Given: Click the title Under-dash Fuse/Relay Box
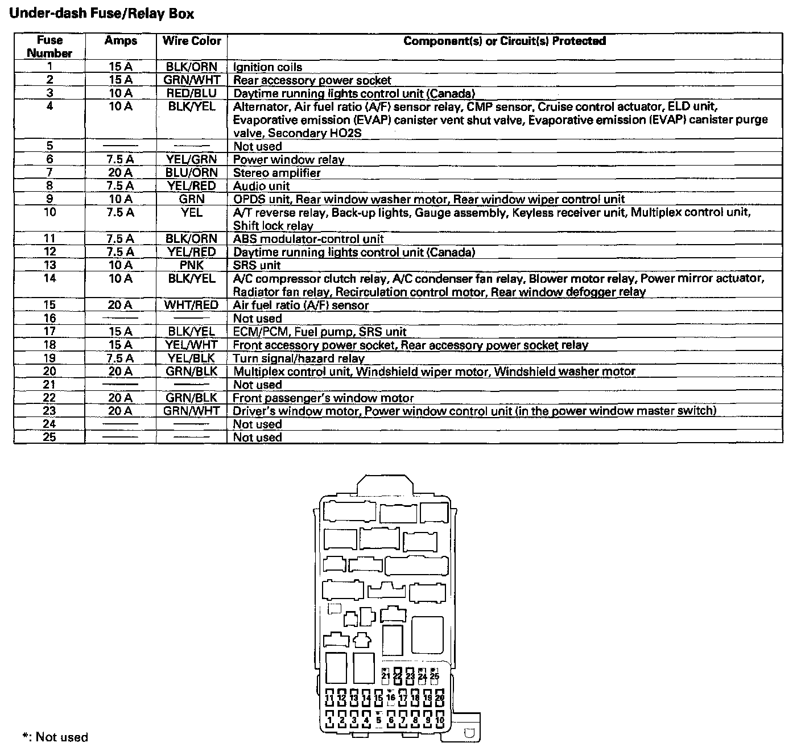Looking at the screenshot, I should (102, 14).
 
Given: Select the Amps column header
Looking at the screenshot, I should (121, 41).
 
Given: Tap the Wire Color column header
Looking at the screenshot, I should (192, 41).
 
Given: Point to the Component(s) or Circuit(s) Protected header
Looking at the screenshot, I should (504, 41).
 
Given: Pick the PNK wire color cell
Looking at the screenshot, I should (192, 265).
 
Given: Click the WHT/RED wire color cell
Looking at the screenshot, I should (192, 305).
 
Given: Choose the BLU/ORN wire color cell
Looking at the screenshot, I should (192, 172).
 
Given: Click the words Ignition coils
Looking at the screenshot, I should (267, 67).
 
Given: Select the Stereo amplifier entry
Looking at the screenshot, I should (276, 172).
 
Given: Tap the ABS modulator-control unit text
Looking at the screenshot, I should (308, 239).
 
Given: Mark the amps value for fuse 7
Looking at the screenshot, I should (121, 172).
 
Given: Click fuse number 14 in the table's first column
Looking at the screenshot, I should (49, 278).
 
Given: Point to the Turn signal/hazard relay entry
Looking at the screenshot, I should (299, 358).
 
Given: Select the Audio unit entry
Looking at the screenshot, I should (261, 186).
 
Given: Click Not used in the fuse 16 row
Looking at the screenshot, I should (257, 319).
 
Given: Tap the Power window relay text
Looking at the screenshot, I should (288, 160).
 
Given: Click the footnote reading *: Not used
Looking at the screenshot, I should (55, 737).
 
